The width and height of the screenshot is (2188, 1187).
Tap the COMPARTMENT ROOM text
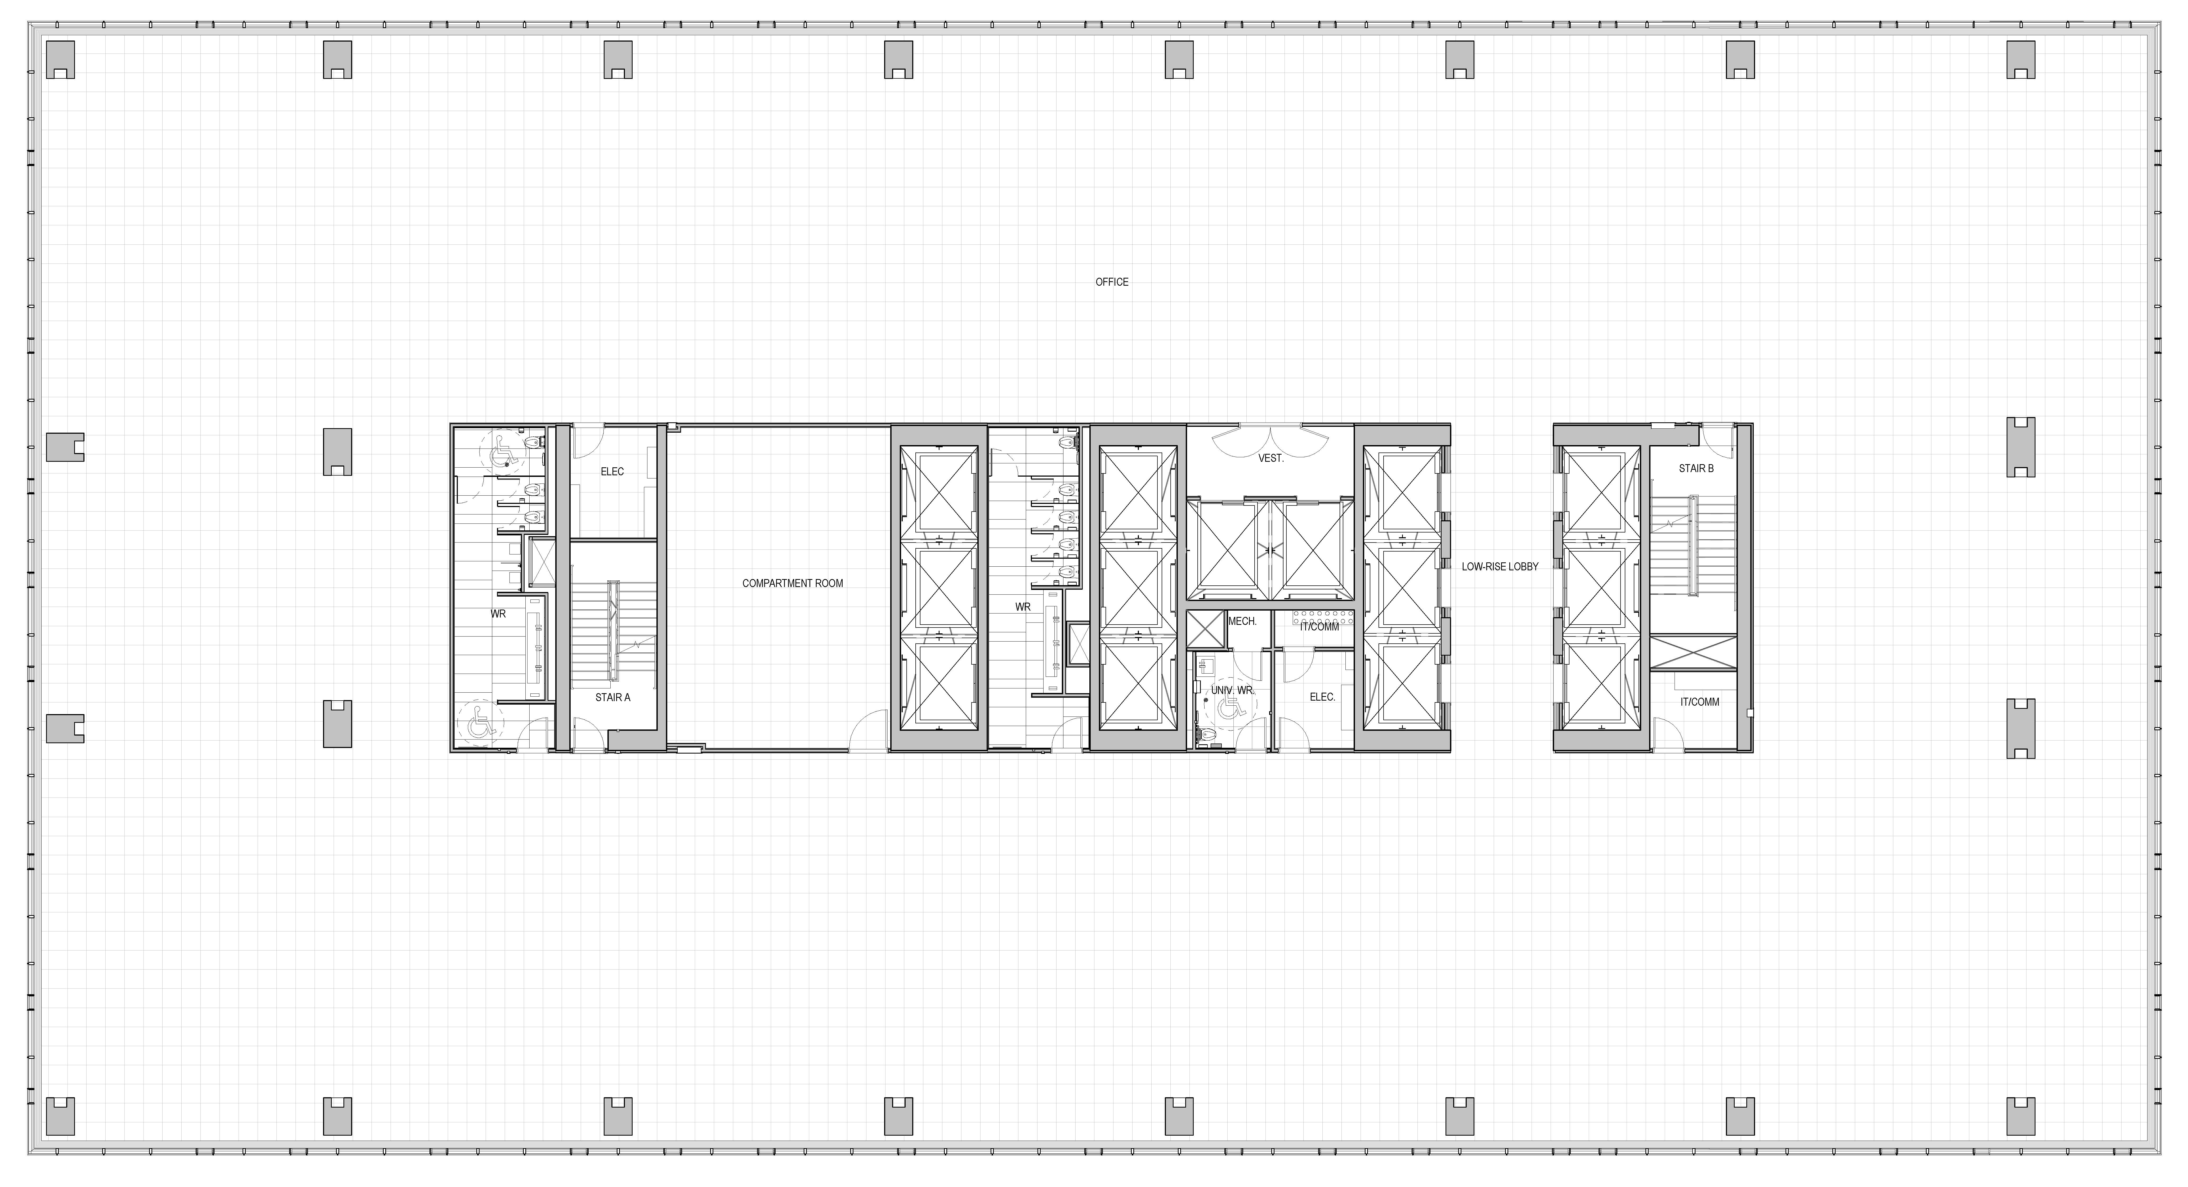793,583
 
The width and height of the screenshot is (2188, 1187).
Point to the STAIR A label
612,697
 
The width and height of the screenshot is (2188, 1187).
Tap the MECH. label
1242,621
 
